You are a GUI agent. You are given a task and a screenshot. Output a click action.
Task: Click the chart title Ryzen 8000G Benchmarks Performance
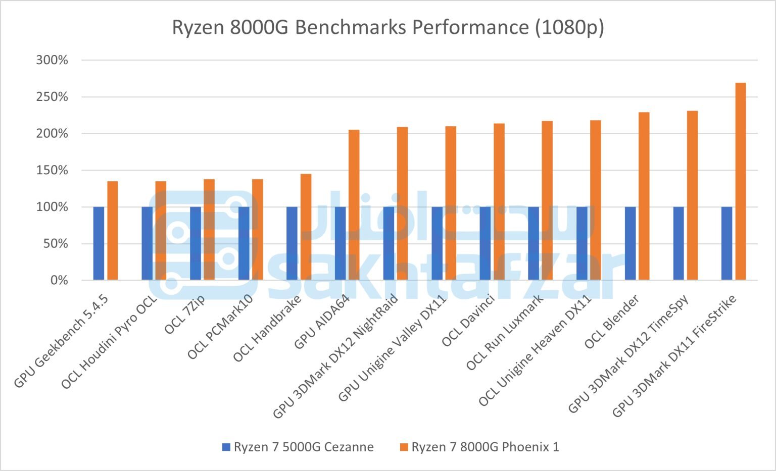point(387,27)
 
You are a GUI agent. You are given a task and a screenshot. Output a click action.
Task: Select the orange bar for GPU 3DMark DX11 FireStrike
point(740,182)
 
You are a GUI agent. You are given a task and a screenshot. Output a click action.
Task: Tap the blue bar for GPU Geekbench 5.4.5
point(99,243)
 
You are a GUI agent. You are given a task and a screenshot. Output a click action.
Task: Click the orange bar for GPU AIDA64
point(354,205)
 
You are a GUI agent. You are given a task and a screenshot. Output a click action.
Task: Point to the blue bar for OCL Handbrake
point(292,243)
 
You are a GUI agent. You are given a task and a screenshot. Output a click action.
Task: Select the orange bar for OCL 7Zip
point(209,230)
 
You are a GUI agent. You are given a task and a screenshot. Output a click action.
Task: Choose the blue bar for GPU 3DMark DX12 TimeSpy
point(678,243)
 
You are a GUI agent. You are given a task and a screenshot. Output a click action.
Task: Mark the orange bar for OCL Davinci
point(499,202)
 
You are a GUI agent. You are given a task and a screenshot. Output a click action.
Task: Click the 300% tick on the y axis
point(52,60)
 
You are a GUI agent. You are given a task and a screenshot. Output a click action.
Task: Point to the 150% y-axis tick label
point(52,170)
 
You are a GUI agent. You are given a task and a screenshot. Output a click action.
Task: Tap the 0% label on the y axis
point(59,280)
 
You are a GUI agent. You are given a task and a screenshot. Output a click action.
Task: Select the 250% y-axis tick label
point(52,97)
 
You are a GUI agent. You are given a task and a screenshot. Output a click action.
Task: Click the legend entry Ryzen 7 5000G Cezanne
point(303,447)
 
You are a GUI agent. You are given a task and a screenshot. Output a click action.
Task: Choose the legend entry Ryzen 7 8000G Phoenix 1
point(485,447)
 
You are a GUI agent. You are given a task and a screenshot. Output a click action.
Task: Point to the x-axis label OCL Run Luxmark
point(505,333)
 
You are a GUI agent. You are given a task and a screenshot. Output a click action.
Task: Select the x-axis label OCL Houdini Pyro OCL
point(109,343)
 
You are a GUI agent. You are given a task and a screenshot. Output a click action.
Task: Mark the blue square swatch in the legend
point(226,447)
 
